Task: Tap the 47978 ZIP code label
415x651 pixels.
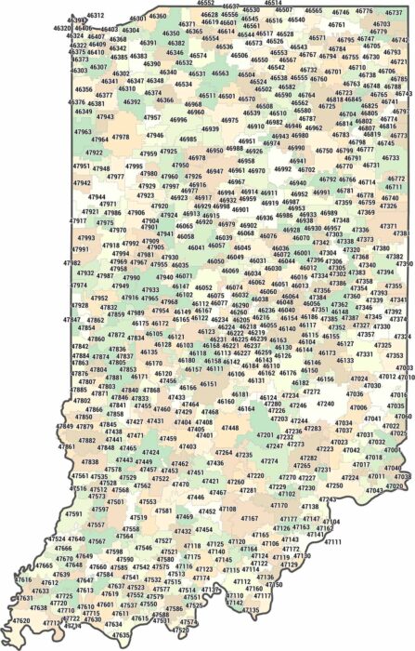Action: point(121,137)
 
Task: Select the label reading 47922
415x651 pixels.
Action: point(95,152)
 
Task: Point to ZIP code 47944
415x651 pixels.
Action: point(97,197)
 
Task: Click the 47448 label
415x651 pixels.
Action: point(228,428)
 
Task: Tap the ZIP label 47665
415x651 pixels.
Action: point(45,565)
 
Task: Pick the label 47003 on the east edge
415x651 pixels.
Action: point(404,368)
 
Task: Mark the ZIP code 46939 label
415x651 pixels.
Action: point(211,129)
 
